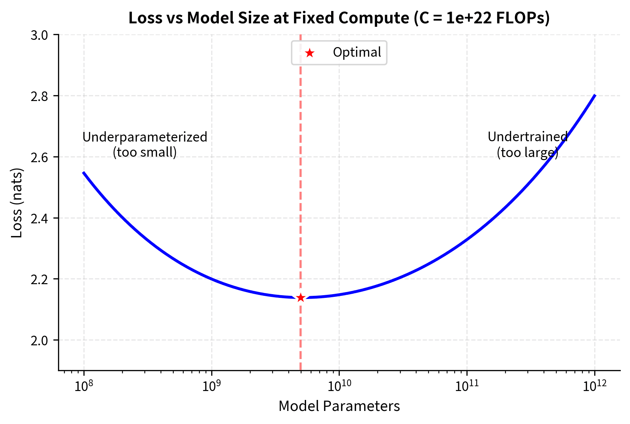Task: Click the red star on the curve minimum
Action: pyautogui.click(x=301, y=298)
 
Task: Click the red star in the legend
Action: pyautogui.click(x=310, y=53)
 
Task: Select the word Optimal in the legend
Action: pyautogui.click(x=357, y=52)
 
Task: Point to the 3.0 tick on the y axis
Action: pyautogui.click(x=40, y=35)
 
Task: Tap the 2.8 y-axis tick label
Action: pyautogui.click(x=40, y=96)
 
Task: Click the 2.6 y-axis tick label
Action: pyautogui.click(x=40, y=157)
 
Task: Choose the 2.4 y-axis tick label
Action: pyautogui.click(x=40, y=219)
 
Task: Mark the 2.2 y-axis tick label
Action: pyautogui.click(x=40, y=279)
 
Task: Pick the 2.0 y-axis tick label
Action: pyautogui.click(x=40, y=341)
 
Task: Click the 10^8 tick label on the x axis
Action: pyautogui.click(x=83, y=387)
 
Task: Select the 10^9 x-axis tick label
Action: pyautogui.click(x=211, y=387)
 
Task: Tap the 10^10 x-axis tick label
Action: pyautogui.click(x=339, y=387)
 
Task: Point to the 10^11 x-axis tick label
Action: pyautogui.click(x=467, y=387)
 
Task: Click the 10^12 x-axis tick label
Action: pyautogui.click(x=595, y=387)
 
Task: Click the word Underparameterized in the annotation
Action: pyautogui.click(x=145, y=137)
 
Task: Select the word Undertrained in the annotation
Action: pyautogui.click(x=527, y=137)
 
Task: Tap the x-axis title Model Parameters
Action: pyautogui.click(x=339, y=406)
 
